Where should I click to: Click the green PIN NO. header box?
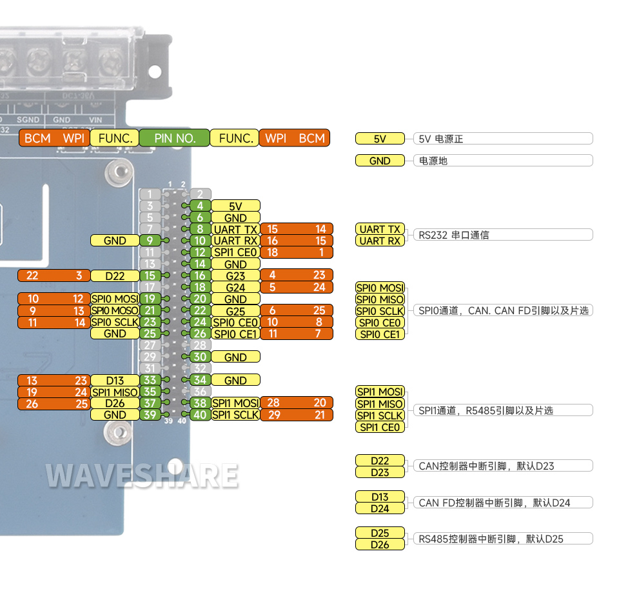(x=174, y=138)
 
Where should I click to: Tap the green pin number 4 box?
(x=200, y=206)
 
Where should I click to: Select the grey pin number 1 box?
(x=150, y=194)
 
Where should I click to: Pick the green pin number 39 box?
(x=150, y=415)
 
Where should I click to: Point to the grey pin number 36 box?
(x=200, y=392)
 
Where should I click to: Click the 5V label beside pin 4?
(x=235, y=206)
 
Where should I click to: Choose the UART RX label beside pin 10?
(x=235, y=241)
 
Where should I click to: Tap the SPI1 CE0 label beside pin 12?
(x=235, y=252)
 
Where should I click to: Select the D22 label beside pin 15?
(x=115, y=275)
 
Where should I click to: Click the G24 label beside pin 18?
(x=235, y=287)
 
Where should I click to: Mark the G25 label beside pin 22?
(x=235, y=310)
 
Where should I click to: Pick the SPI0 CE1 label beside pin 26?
(x=235, y=334)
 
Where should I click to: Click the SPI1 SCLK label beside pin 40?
(x=235, y=415)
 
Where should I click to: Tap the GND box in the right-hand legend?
(x=380, y=161)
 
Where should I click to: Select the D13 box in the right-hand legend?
(x=380, y=497)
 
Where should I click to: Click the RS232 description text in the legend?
(x=454, y=235)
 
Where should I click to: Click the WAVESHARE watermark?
(x=142, y=476)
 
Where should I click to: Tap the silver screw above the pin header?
(x=117, y=172)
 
